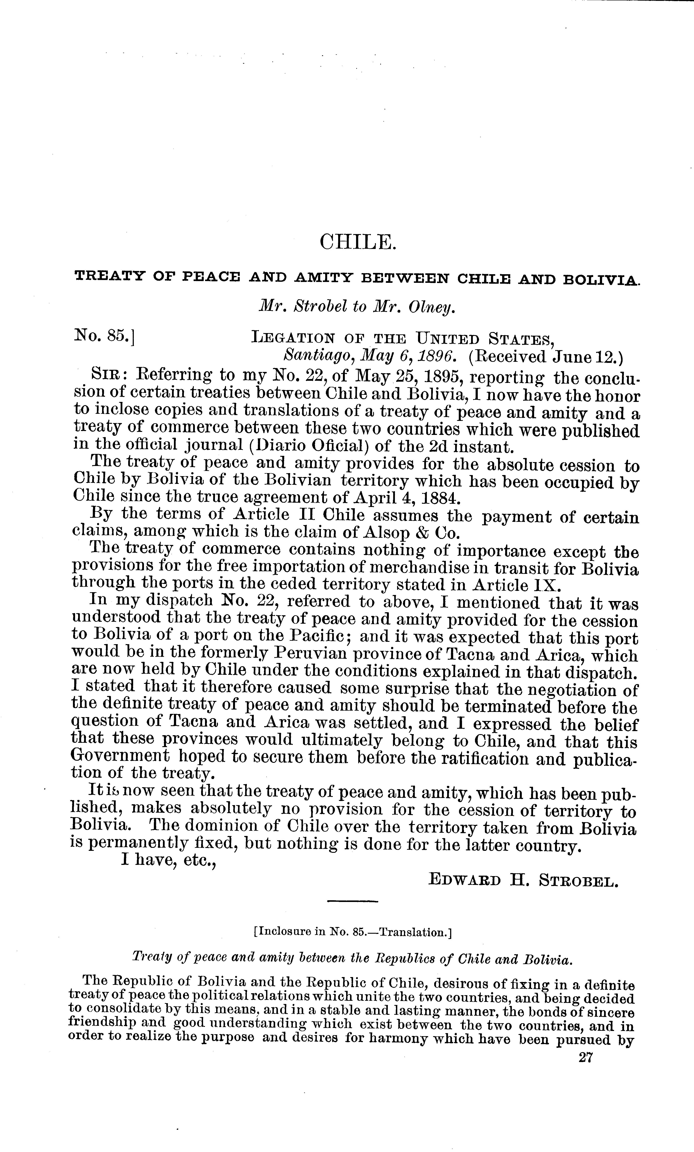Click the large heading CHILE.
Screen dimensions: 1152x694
point(358,242)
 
